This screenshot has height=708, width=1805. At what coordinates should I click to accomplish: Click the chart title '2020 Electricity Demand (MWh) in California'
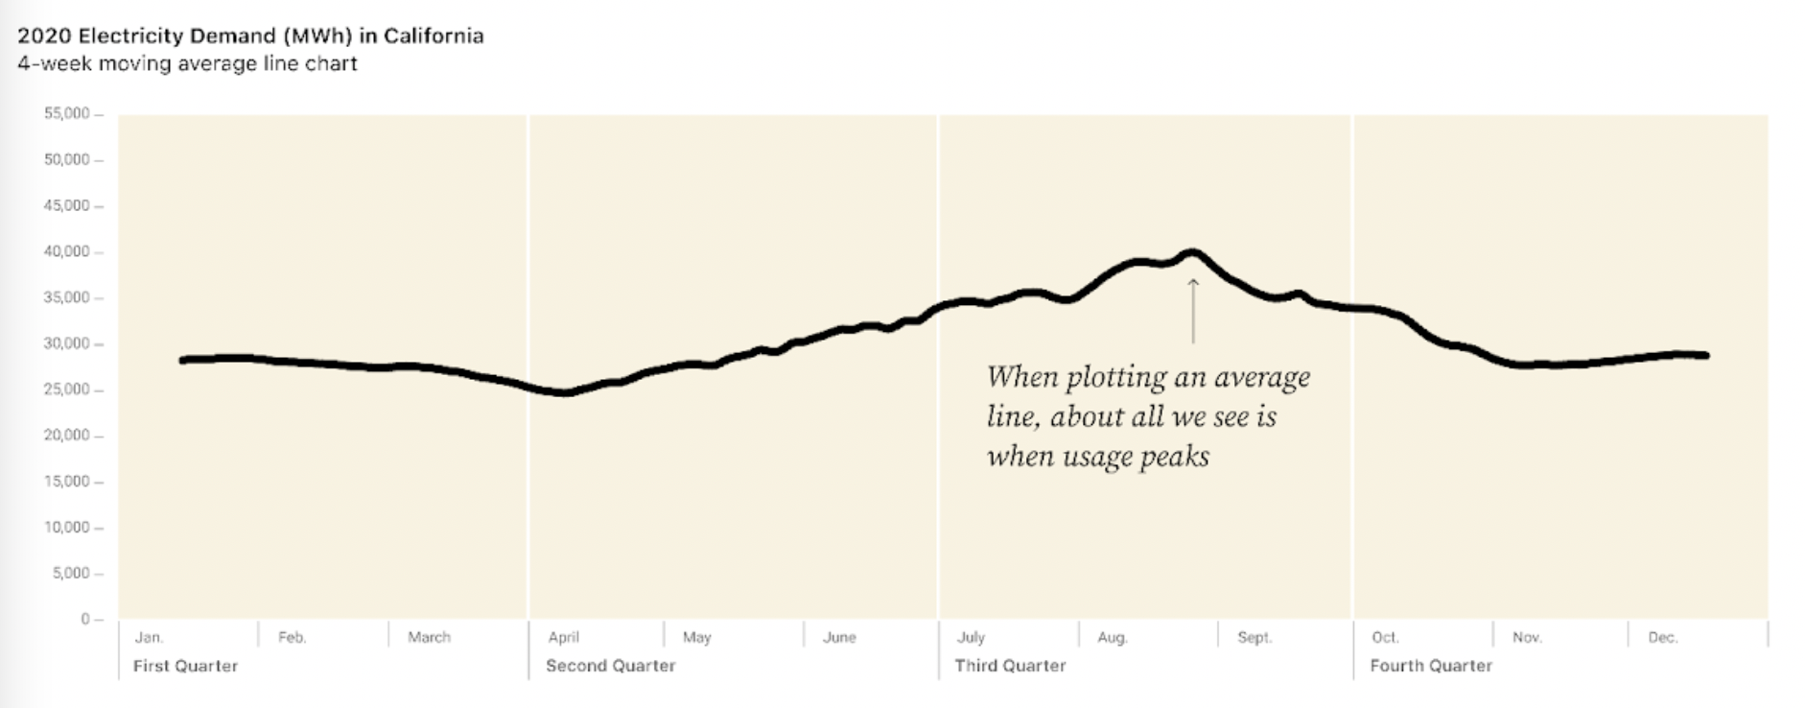coord(250,36)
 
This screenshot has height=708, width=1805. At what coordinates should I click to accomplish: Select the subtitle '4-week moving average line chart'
coord(187,64)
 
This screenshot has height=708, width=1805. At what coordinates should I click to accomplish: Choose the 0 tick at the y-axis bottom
coord(86,620)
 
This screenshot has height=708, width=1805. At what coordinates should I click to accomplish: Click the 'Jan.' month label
coord(149,637)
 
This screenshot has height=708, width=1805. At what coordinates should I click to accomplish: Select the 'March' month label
coord(429,637)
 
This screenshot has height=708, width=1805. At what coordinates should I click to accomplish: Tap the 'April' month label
coord(563,637)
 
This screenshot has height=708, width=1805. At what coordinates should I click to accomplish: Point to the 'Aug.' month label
coord(1113,637)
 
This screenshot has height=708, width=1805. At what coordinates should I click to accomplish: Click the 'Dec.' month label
coord(1662,637)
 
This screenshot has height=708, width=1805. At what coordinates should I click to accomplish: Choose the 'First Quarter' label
coord(185,666)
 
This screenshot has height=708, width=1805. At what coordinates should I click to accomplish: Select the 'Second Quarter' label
coord(610,666)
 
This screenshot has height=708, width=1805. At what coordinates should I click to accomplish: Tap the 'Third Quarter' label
coord(1010,666)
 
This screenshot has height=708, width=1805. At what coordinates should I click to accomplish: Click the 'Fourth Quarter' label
coord(1430,666)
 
